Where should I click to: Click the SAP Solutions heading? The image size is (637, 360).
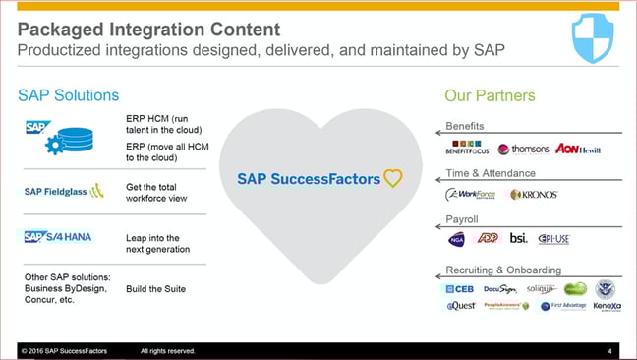pos(68,95)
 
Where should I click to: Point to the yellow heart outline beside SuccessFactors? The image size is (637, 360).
pos(392,178)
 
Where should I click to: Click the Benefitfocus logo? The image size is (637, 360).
pos(469,150)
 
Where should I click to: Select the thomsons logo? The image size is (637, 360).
pos(523,150)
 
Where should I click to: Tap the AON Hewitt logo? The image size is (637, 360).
pos(577,150)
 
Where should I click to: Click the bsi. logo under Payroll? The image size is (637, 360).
pos(518,238)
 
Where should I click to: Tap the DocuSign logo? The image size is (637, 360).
pos(500,288)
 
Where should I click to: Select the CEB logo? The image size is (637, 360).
pos(458,288)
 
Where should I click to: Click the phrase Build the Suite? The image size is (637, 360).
pos(155,288)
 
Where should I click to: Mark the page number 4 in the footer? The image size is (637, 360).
pos(609,351)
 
